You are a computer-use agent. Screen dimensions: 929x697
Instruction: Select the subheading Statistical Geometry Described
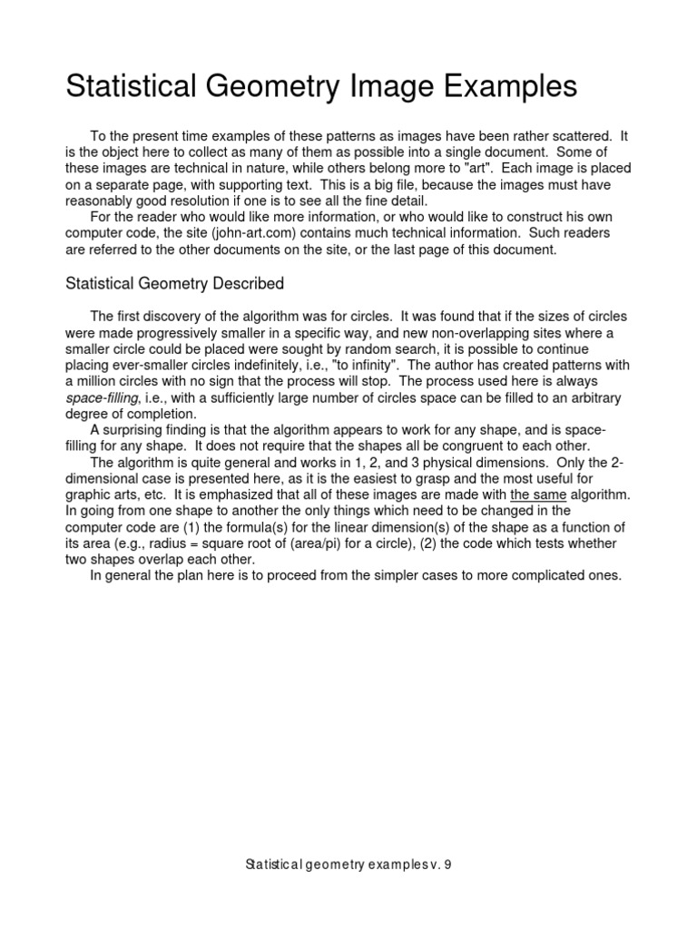point(174,284)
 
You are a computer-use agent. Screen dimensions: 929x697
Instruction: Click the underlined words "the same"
point(539,494)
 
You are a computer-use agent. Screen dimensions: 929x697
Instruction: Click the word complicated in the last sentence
point(542,576)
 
